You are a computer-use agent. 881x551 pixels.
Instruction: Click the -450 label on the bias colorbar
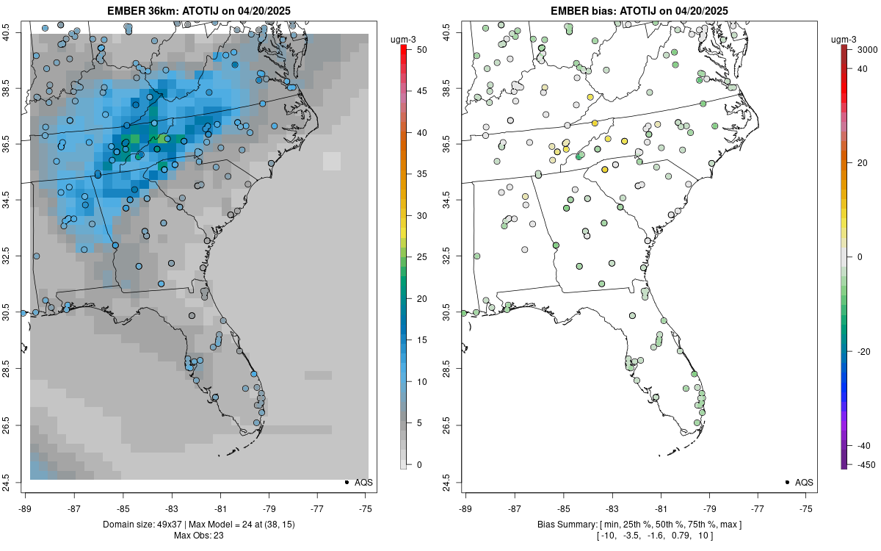(863, 464)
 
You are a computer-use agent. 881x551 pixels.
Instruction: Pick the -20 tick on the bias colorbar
(863, 351)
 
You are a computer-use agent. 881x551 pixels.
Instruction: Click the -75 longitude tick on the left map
(366, 508)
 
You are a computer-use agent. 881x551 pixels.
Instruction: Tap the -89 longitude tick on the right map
(466, 508)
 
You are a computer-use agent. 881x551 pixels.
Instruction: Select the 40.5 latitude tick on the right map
(454, 32)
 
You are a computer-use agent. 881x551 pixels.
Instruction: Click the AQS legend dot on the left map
(346, 482)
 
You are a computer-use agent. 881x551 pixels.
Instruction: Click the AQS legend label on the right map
(804, 482)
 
